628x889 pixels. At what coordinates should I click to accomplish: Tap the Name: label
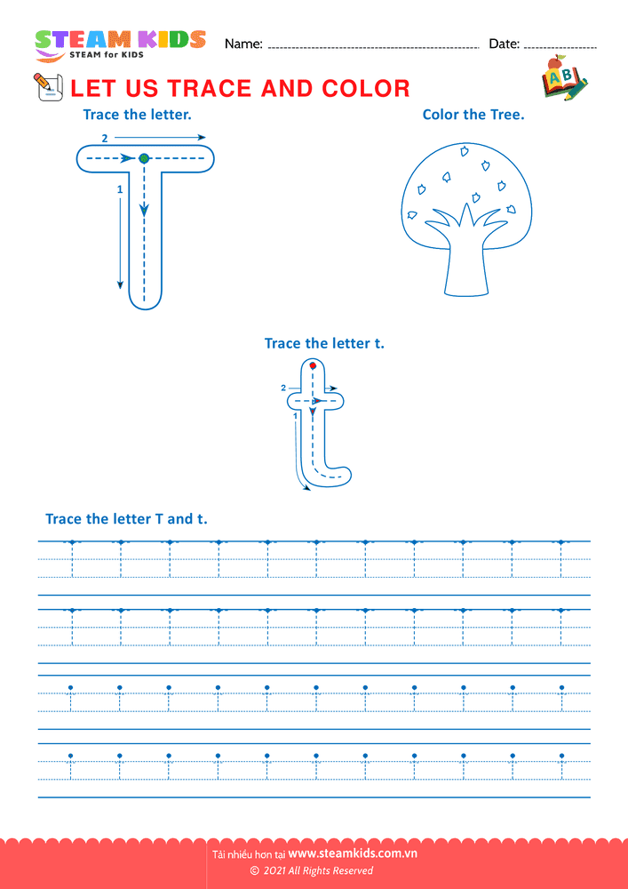click(x=243, y=44)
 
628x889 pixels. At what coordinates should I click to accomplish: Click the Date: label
click(x=504, y=44)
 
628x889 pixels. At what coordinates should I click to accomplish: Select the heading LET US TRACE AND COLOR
click(x=240, y=88)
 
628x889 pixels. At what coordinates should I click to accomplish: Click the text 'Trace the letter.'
click(x=137, y=114)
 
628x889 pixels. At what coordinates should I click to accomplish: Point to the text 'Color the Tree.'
click(x=473, y=114)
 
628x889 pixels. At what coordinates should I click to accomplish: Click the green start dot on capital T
click(x=144, y=158)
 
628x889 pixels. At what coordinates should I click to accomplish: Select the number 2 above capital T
click(x=105, y=139)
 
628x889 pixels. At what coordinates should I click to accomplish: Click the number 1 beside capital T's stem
click(x=120, y=189)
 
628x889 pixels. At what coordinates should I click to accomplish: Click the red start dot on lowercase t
click(x=313, y=365)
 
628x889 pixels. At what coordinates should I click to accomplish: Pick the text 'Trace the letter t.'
click(x=324, y=343)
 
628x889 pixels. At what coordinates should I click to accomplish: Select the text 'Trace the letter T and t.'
click(x=126, y=518)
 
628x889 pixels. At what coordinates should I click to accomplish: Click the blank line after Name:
click(x=373, y=46)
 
